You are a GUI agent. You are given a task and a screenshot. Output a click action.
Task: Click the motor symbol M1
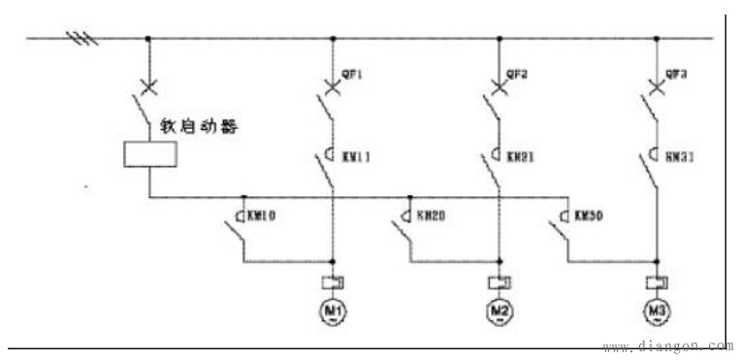(333, 311)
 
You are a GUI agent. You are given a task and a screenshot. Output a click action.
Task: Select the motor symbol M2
(498, 311)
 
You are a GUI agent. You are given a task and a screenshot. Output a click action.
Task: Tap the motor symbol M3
(655, 311)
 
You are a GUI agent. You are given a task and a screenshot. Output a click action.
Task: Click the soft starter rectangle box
(148, 154)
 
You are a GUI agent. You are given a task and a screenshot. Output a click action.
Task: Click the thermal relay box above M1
(333, 283)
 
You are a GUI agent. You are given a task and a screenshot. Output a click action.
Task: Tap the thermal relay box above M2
(498, 283)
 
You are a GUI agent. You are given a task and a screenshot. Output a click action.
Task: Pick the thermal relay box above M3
(655, 283)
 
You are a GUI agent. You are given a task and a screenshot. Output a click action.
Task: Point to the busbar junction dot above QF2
(498, 39)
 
